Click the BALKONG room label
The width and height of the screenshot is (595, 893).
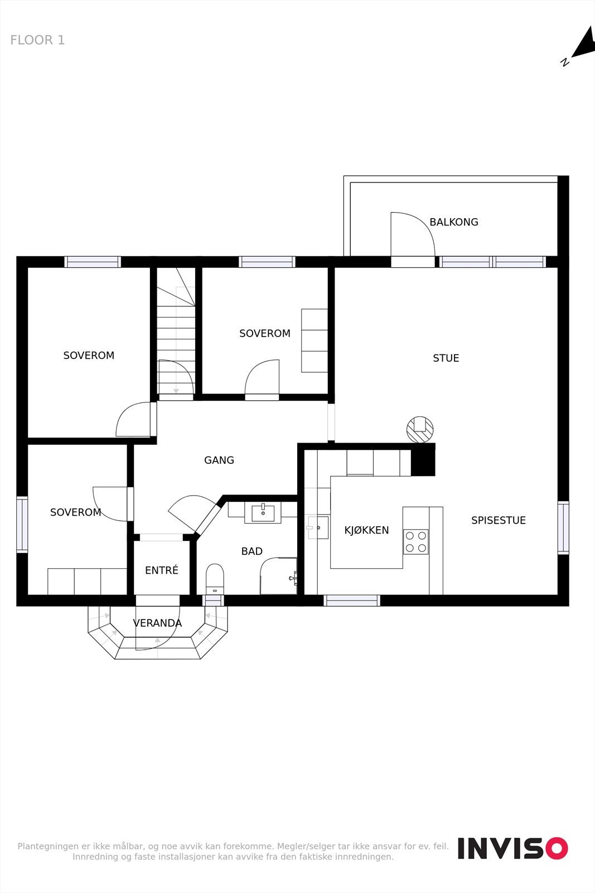453,222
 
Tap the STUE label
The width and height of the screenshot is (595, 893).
446,358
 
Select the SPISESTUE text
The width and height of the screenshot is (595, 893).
498,520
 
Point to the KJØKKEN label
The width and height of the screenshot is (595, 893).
366,530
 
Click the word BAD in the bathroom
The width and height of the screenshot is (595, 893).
251,551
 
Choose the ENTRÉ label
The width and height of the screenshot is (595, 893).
161,570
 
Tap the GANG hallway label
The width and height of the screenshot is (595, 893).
219,460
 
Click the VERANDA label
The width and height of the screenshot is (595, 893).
157,623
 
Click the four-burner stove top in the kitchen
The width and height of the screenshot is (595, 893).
416,542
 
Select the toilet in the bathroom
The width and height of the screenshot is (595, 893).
215,579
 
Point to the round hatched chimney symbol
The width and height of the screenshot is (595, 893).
420,429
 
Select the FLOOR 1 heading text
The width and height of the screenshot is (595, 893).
37,40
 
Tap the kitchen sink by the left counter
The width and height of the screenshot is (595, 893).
318,527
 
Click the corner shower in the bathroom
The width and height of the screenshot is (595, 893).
278,576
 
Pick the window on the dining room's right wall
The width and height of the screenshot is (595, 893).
563,528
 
